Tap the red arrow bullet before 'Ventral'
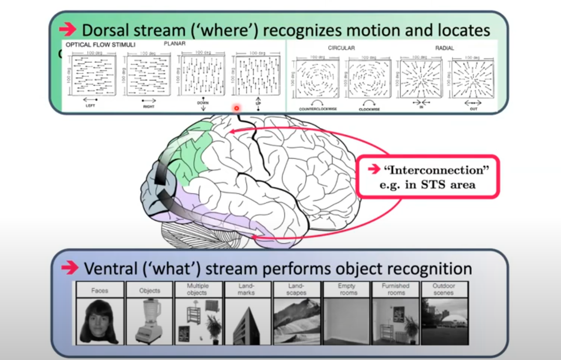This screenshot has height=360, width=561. pos(70,268)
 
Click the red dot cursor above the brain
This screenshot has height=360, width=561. pos(237,108)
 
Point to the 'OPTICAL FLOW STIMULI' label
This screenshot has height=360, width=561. pos(100,45)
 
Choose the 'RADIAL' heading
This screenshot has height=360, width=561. pos(445,48)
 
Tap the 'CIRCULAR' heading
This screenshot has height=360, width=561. pos(341,48)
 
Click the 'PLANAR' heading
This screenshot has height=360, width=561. pos(175,44)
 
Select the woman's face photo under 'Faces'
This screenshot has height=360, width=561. pos(100,321)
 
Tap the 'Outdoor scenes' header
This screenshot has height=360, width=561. pos(444,289)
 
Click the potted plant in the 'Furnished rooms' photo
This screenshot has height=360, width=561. pos(411,328)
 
